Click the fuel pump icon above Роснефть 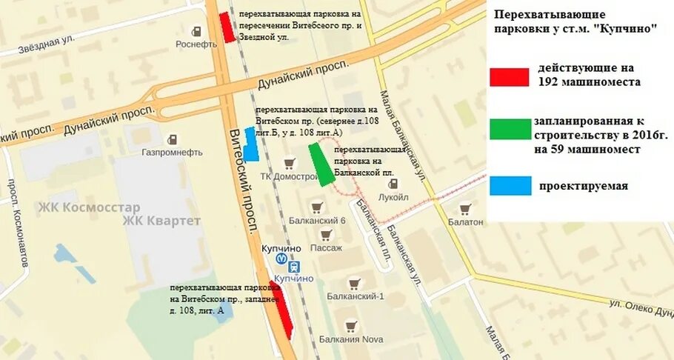197,31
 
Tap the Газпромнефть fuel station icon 172,139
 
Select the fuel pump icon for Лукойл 393,184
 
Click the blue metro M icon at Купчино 281,259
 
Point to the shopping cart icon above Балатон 464,209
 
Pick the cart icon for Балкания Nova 350,325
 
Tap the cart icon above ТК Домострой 289,163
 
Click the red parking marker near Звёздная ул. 227,27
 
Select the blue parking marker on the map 251,144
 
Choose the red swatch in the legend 510,77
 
